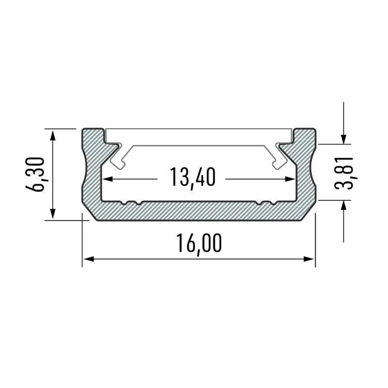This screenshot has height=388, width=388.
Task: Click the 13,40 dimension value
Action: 193,177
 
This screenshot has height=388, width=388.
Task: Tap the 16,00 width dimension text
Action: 199,243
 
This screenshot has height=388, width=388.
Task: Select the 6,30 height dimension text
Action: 35,174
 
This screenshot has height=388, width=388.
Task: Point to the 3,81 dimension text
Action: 343,173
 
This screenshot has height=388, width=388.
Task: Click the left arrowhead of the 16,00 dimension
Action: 89,259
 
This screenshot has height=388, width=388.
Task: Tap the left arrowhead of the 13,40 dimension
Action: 108,179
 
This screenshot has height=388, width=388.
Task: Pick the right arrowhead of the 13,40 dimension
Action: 291,179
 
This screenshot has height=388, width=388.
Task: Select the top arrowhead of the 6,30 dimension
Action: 53,136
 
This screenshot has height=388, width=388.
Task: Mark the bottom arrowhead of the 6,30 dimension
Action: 53,213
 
